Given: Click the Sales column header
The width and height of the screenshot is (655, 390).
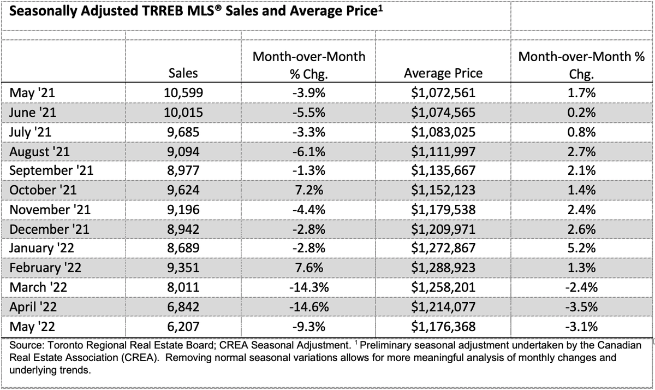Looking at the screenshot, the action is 183,73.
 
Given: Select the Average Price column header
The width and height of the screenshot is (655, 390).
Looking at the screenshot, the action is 443,73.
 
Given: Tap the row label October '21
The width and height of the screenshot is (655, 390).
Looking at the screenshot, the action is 43,190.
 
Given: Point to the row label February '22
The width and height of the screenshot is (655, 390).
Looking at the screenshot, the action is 45,268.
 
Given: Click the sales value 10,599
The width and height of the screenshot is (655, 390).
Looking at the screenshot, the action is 183,93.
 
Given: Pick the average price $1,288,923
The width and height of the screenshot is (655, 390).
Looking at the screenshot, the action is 443,268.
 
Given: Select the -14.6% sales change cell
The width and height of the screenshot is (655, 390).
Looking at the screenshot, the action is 309,307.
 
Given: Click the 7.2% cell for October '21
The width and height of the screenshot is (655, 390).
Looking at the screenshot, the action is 309,190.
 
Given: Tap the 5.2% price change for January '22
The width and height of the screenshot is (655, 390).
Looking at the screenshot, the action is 581,248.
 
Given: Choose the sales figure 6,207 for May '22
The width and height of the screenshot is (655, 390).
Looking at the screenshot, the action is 183,327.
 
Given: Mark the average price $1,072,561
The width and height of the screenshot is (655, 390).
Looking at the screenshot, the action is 443,93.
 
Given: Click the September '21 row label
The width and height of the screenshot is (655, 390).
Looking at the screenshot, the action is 51,170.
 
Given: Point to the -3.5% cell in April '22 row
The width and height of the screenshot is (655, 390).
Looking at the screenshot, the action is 581,307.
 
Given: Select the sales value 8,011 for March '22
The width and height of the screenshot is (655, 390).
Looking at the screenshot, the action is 183,287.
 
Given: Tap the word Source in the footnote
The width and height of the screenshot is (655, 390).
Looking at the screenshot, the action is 27,345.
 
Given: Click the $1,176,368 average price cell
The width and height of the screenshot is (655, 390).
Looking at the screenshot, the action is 443,327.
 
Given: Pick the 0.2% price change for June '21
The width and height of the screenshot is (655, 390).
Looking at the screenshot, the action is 581,113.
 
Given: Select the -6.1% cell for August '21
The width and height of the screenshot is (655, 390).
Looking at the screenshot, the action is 309,151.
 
